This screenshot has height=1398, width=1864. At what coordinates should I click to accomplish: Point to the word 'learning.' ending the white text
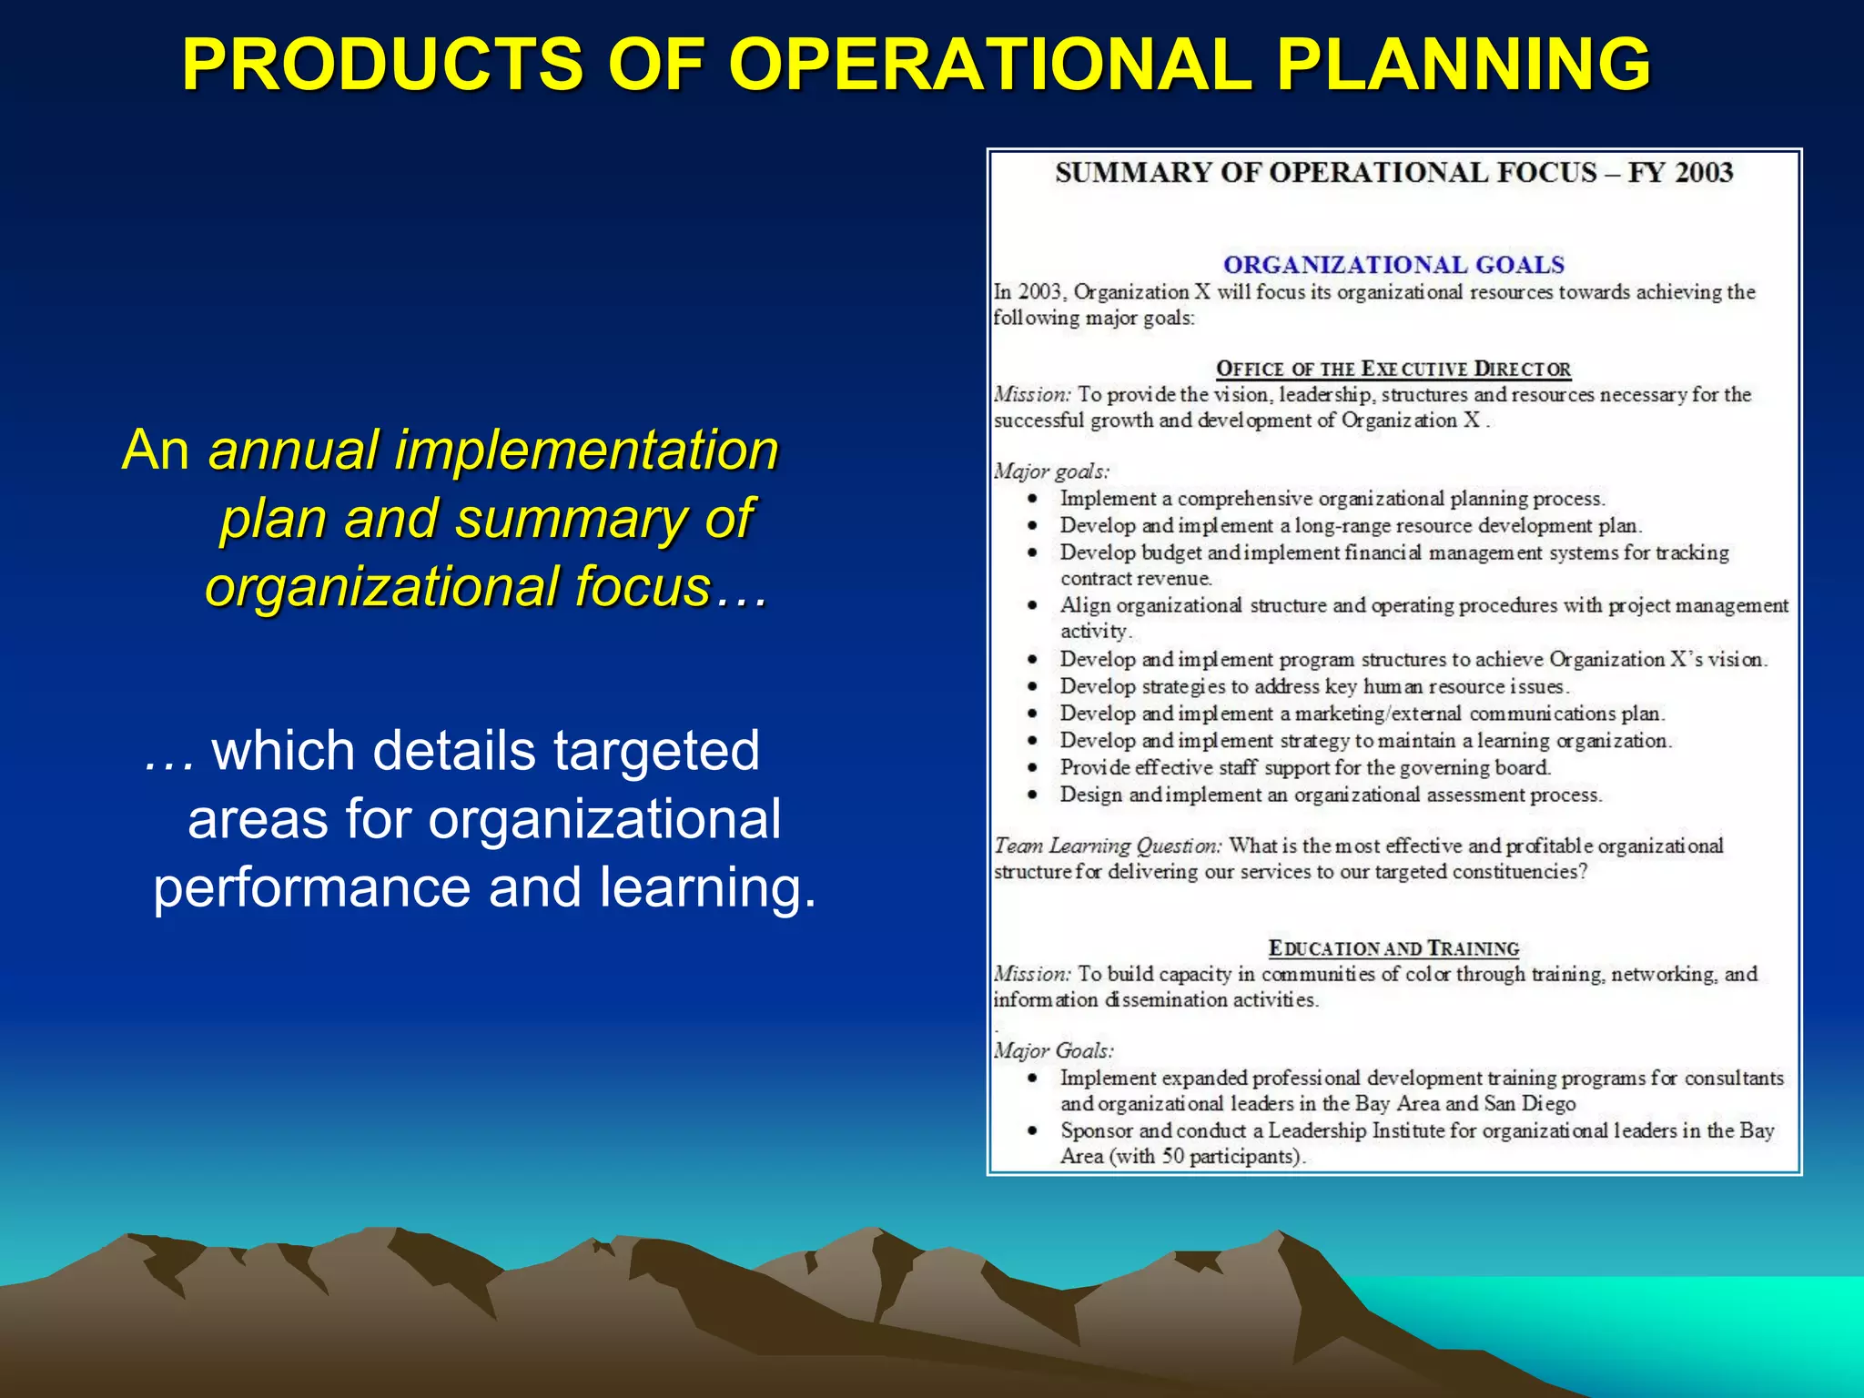708,886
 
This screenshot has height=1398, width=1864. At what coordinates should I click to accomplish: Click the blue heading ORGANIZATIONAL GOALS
1393,265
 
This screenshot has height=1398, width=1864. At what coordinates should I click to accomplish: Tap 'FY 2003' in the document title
1680,172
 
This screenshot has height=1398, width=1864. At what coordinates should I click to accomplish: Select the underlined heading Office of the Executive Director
1393,369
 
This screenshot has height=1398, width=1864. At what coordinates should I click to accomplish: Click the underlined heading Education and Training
1393,948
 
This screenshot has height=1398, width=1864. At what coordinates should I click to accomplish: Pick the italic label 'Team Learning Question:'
1108,846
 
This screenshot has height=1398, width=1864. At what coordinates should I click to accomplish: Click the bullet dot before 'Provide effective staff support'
1032,768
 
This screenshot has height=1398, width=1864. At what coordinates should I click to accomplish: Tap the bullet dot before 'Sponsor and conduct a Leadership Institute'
1032,1131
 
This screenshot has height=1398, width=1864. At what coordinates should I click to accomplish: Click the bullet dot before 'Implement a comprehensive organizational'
1032,499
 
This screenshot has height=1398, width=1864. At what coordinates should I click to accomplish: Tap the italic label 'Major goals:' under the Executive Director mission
1051,471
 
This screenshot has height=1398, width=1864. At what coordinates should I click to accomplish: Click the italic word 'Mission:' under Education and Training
1032,974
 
